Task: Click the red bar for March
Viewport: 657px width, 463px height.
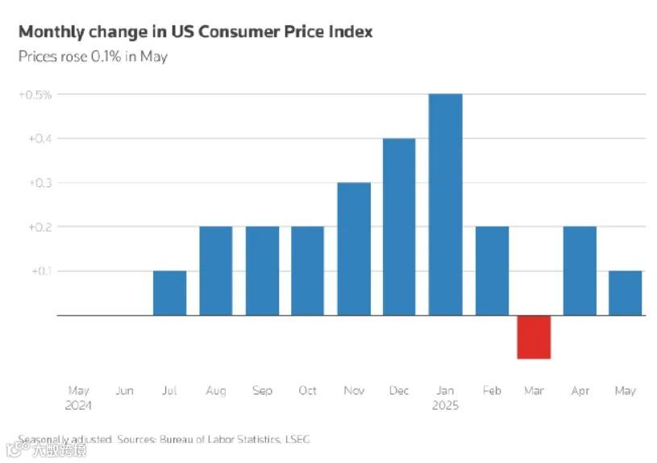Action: (534, 337)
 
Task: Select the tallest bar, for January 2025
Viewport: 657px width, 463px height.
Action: (445, 205)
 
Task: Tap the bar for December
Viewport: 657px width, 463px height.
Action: (399, 226)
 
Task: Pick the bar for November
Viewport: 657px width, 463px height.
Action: (353, 248)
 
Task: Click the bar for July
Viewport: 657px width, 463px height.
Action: (169, 292)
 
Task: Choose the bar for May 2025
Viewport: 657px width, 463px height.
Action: (625, 292)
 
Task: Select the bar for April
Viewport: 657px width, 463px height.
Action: (580, 271)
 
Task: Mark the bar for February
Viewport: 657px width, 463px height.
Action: (492, 271)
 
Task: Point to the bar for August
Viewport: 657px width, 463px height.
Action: (215, 271)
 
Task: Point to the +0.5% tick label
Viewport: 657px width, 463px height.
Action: (35, 94)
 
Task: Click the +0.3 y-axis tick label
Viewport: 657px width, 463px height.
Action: (39, 183)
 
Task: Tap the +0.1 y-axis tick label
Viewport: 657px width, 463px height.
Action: (41, 271)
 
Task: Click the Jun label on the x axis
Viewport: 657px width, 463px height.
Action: (124, 391)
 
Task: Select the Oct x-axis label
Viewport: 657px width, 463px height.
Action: (307, 391)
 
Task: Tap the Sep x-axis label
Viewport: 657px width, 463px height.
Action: (262, 391)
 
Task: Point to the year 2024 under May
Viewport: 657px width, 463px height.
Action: (78, 406)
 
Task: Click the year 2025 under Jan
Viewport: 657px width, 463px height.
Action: (444, 406)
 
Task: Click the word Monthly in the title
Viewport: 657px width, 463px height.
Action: (50, 32)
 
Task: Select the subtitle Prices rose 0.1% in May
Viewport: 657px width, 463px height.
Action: (93, 56)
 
